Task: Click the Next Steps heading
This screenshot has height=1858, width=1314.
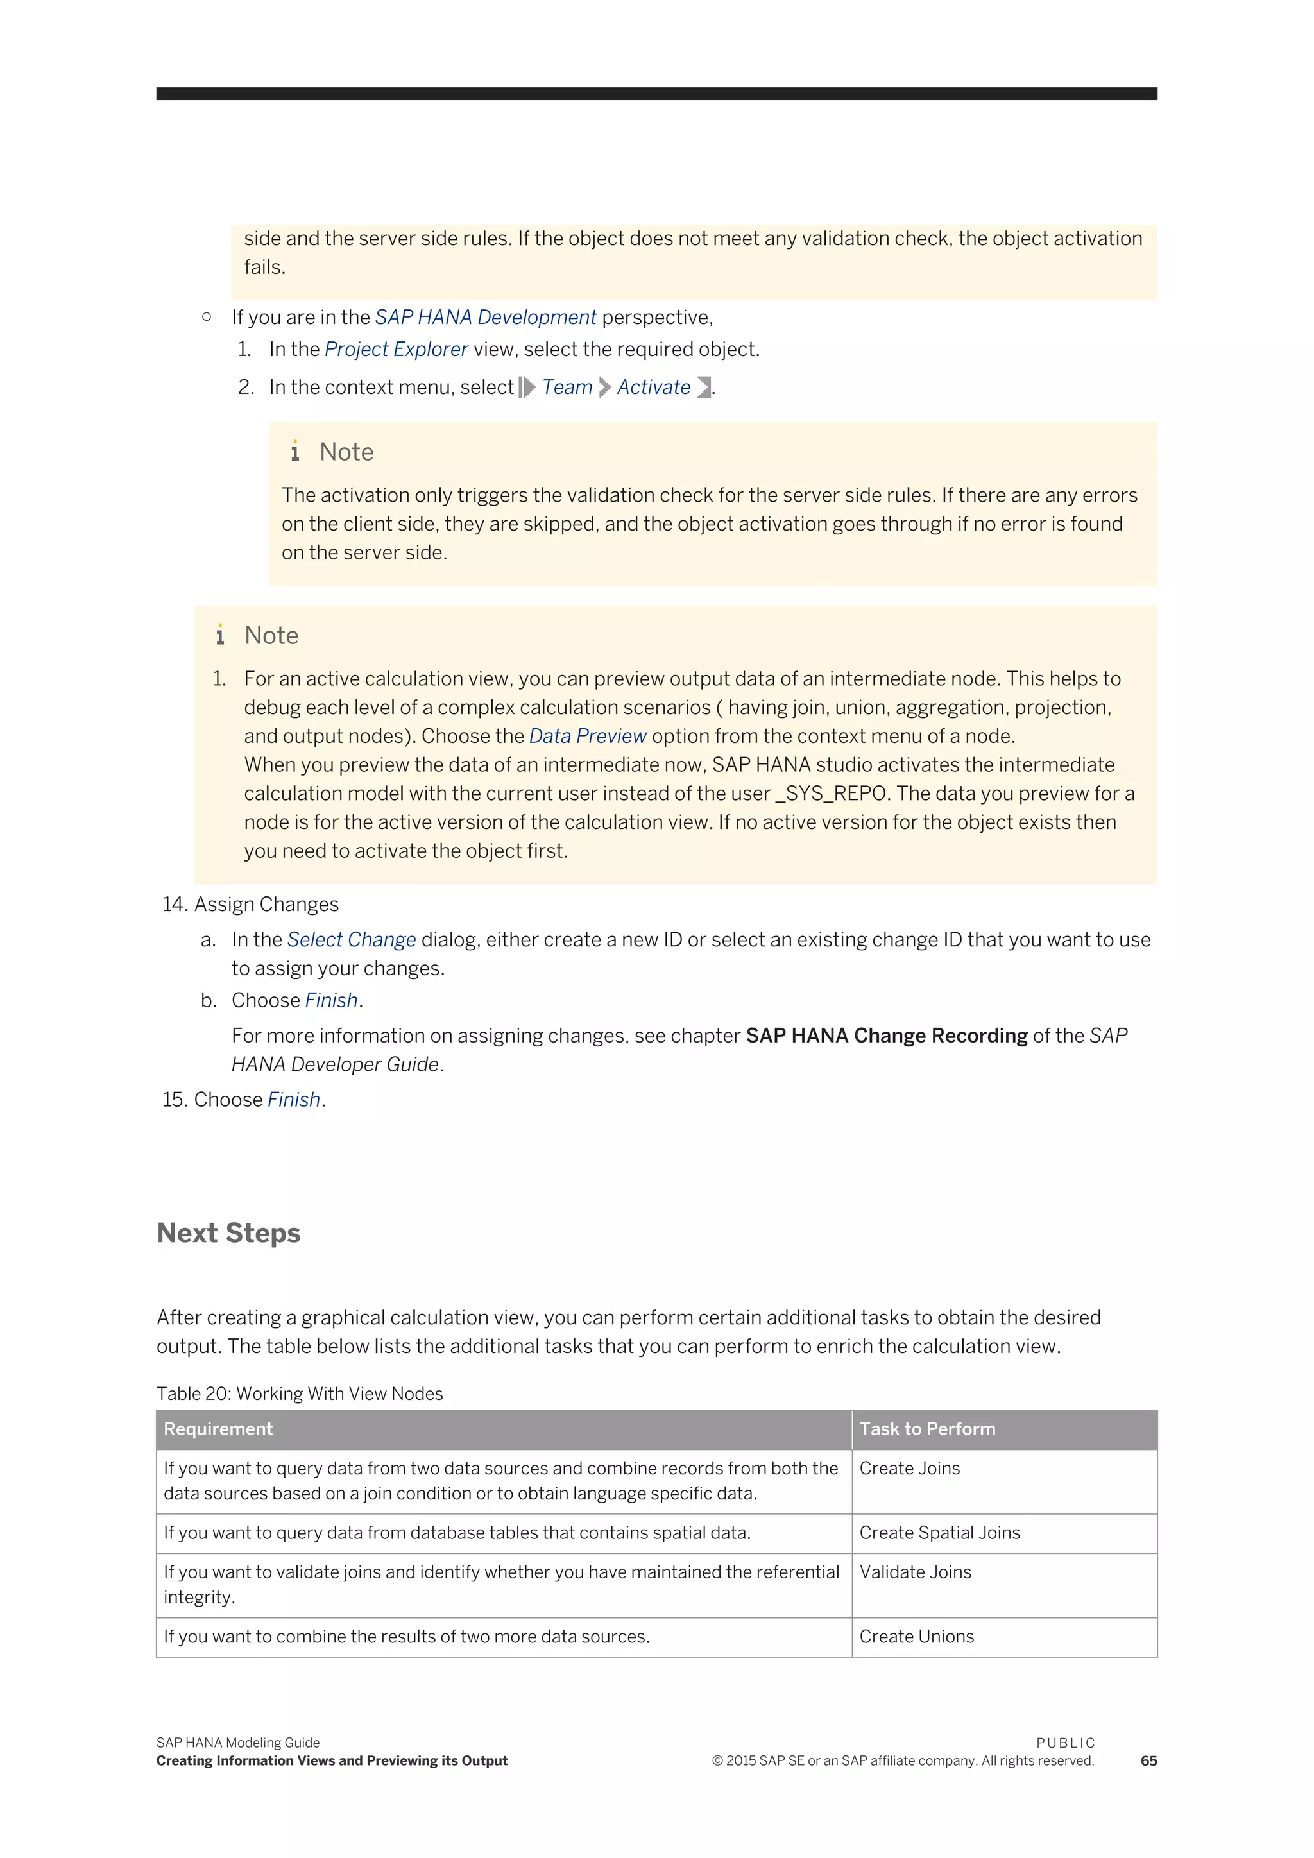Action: (228, 1232)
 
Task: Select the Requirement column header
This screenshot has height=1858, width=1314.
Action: (218, 1428)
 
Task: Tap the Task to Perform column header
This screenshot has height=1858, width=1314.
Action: (927, 1428)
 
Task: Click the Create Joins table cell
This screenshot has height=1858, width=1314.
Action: (909, 1468)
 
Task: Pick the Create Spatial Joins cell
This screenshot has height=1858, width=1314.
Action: (939, 1533)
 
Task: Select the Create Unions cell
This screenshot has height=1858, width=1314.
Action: (917, 1636)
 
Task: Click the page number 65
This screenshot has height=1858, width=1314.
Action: (1148, 1761)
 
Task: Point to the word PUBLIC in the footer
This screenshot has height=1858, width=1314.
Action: (1065, 1743)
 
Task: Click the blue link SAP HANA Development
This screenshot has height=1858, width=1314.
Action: (486, 317)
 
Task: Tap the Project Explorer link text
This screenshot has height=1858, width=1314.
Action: (397, 350)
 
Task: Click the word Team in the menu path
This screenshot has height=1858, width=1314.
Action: (567, 388)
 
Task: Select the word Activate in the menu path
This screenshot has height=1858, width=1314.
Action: (654, 388)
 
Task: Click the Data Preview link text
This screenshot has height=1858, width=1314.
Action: (588, 737)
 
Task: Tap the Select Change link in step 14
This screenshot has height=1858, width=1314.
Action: (351, 939)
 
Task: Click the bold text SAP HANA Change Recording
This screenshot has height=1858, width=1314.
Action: (886, 1036)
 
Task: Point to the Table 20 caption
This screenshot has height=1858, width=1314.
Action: (300, 1393)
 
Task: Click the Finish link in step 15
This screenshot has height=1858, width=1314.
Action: (294, 1100)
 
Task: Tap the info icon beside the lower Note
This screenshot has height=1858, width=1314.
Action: (220, 635)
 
